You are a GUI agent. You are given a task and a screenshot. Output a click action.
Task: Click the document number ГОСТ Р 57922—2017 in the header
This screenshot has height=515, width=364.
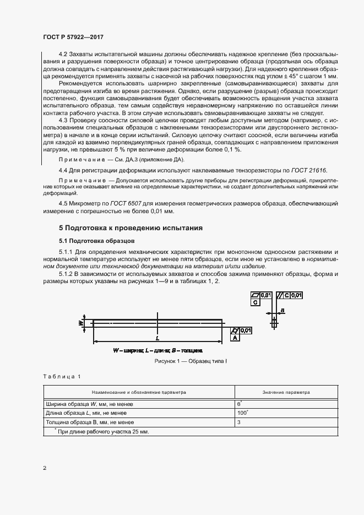click(x=73, y=36)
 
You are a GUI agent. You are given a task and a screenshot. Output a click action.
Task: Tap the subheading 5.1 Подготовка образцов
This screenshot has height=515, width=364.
click(x=97, y=241)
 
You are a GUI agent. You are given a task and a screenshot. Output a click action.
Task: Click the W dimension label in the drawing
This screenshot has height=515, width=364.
click(x=80, y=323)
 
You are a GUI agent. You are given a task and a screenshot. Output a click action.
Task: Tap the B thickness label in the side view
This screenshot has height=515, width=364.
click(x=282, y=311)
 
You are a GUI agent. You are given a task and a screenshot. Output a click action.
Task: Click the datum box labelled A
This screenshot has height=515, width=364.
click(x=235, y=339)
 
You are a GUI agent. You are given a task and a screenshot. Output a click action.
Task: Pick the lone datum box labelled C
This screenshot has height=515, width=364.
click(x=256, y=302)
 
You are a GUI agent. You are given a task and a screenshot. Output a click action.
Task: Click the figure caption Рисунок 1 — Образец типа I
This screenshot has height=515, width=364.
click(x=191, y=360)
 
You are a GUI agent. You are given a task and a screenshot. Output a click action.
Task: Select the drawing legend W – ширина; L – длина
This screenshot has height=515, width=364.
click(x=158, y=350)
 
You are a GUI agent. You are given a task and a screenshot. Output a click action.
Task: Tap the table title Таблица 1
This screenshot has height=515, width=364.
click(x=61, y=376)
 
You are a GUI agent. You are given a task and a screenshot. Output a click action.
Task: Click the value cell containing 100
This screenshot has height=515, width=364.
click(x=240, y=413)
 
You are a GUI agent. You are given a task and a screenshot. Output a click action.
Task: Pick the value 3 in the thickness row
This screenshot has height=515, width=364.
click(x=239, y=422)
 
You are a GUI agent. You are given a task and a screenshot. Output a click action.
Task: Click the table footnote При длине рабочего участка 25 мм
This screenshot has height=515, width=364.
click(x=102, y=431)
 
